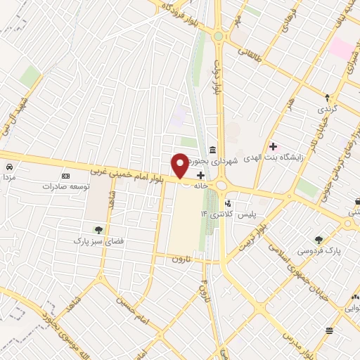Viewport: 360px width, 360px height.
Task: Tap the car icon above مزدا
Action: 9,167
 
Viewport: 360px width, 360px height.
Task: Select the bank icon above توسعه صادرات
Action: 66,175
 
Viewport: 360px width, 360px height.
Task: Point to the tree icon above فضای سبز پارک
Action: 99,229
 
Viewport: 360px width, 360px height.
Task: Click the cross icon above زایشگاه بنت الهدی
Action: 273,146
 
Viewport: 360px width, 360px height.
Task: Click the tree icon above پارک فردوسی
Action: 320,240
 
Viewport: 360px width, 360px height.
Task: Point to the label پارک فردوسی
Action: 320,251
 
